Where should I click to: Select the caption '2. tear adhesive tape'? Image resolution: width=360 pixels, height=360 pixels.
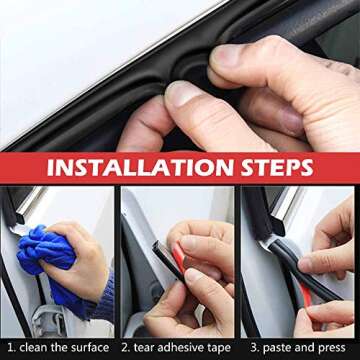tap(178, 347)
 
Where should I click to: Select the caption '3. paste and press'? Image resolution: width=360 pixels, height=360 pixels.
tap(298, 347)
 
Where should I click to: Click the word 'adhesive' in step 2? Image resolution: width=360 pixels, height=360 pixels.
tap(182, 347)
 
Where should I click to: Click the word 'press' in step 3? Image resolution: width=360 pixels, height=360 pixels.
tap(334, 347)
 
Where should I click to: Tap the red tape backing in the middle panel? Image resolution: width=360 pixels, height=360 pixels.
tap(179, 263)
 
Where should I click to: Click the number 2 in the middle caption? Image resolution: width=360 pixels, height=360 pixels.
tap(126, 347)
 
